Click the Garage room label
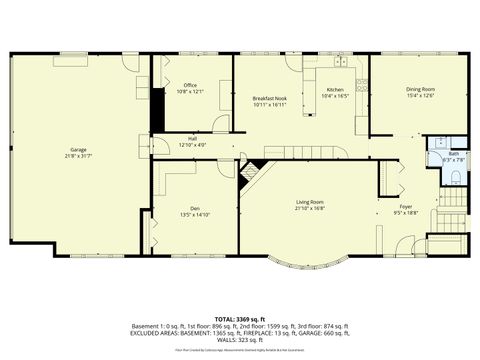pos(77,149)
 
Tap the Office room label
pos(190,85)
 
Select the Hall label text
pos(192,138)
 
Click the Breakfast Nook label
pos(270,98)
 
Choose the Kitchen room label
pos(335,90)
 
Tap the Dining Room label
pos(420,90)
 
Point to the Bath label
pos(453,153)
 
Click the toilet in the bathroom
pos(456,177)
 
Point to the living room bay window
pos(305,268)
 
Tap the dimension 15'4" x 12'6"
pos(420,96)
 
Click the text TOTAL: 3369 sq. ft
pos(240,317)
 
